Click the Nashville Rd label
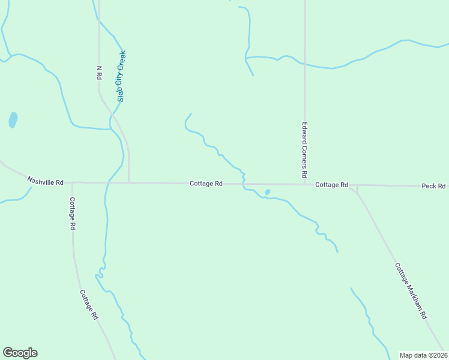click(45, 181)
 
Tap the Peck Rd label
click(433, 186)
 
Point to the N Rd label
click(100, 73)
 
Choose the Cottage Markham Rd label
click(411, 290)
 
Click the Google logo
click(20, 353)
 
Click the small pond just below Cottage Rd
click(267, 193)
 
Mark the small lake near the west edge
click(13, 120)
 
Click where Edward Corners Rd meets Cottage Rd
click(305, 184)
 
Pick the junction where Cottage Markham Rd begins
click(357, 187)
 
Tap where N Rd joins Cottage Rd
click(129, 182)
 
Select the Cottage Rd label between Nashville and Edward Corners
click(206, 183)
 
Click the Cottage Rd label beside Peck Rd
click(332, 185)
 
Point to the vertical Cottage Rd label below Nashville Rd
click(72, 214)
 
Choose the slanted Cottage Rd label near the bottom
click(88, 305)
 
